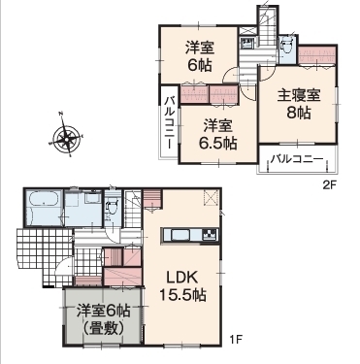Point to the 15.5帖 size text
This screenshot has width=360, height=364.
tap(180, 293)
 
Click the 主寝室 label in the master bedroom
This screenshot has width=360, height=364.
tap(295, 95)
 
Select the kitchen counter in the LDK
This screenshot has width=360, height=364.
tap(190, 234)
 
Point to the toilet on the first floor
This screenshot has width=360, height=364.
tap(113, 205)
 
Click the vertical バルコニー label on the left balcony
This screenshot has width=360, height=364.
tap(169, 120)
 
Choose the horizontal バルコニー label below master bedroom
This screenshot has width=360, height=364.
tap(296, 157)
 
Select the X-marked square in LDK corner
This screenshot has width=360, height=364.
tap(209, 199)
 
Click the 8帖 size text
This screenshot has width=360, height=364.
tap(296, 114)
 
